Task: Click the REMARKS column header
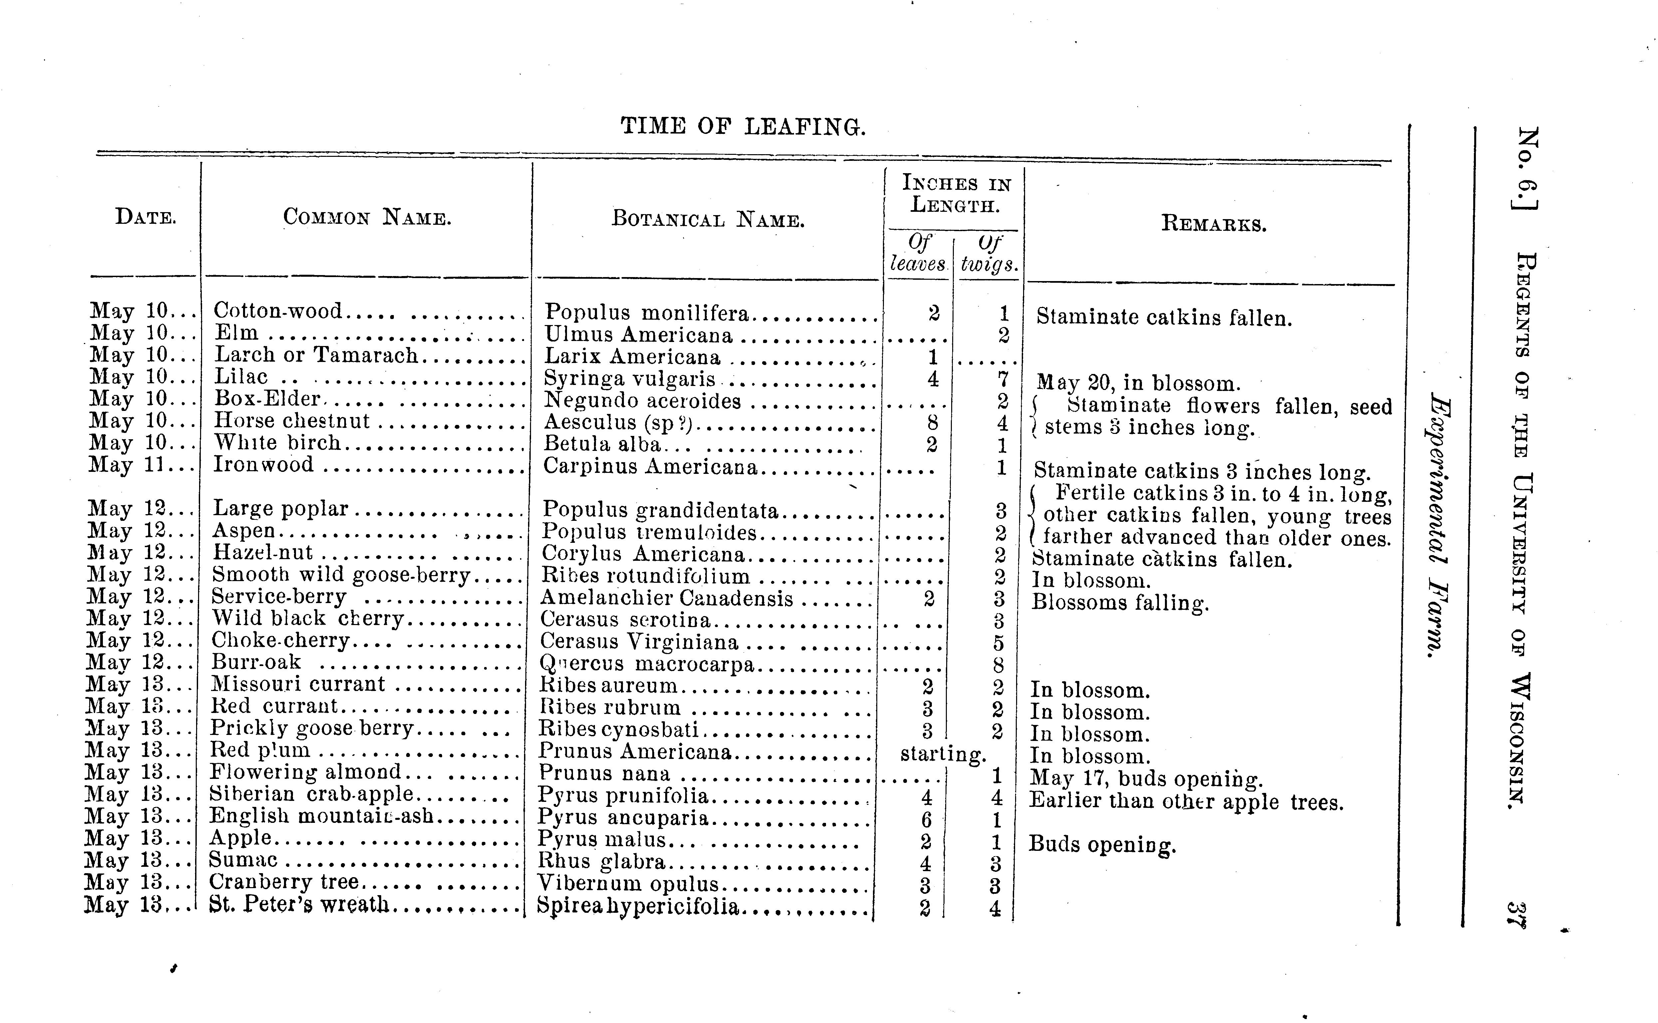tap(1214, 224)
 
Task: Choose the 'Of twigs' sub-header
tap(989, 253)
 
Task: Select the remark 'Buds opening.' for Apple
tap(1102, 845)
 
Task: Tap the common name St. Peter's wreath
tap(299, 904)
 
